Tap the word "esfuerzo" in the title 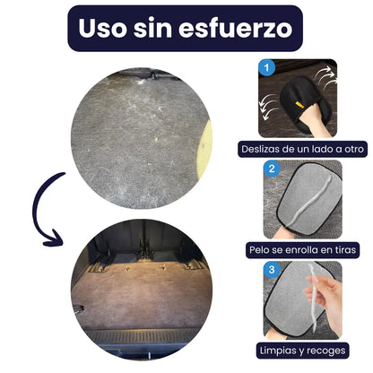[x=236, y=28]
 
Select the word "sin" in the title [x=152, y=28]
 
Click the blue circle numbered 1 [x=266, y=67]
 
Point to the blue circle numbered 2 [x=272, y=169]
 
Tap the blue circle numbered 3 [x=272, y=270]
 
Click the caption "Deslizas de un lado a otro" [x=303, y=149]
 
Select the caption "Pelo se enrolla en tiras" [x=303, y=249]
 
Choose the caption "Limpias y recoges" [x=303, y=351]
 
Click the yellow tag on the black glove [x=299, y=105]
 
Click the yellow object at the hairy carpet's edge [x=205, y=150]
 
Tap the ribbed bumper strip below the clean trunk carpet [x=142, y=336]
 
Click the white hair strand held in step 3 [x=313, y=298]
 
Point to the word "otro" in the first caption [x=355, y=149]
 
